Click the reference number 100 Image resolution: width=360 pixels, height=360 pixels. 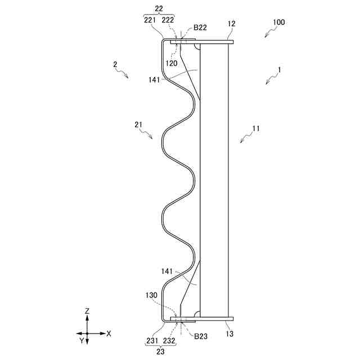point(279,22)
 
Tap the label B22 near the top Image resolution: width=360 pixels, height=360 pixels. point(200,28)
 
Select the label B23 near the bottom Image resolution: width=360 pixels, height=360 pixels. point(201,336)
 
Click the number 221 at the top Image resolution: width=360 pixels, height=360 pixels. point(150,20)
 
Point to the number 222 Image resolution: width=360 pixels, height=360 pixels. point(168,20)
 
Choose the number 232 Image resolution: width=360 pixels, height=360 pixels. point(169,341)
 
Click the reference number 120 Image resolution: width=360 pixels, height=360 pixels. point(172,63)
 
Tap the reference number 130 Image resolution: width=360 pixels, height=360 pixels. point(151,295)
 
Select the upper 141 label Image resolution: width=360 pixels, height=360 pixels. point(154,80)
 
